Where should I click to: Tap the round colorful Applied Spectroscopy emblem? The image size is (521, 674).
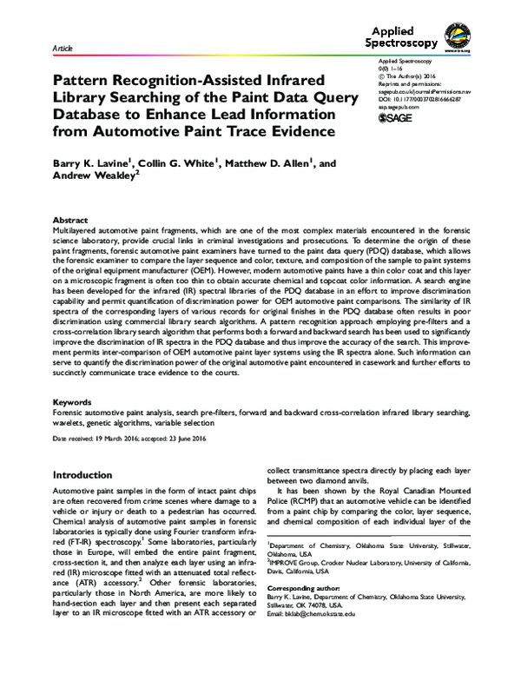click(x=462, y=36)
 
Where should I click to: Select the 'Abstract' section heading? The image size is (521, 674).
click(x=71, y=221)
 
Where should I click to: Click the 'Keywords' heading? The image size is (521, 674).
click(x=73, y=403)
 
